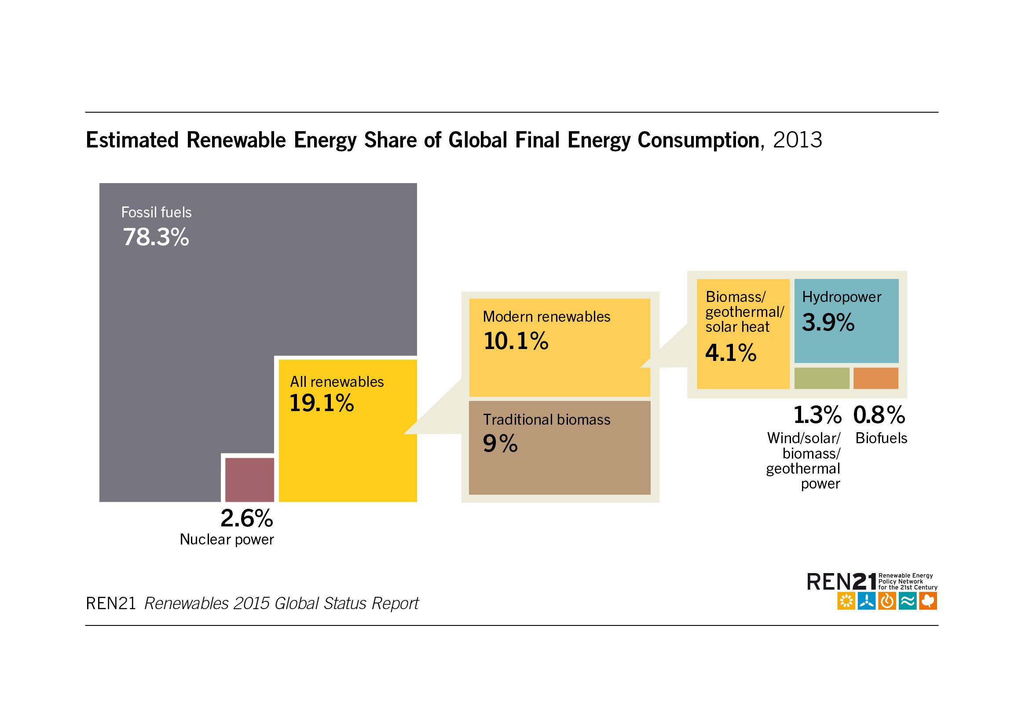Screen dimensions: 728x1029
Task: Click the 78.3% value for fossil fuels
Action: pos(156,237)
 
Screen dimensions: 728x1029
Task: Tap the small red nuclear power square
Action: pos(249,479)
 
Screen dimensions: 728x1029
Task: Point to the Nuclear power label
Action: pos(226,539)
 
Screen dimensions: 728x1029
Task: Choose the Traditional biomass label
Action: pos(546,419)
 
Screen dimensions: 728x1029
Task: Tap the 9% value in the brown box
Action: pos(500,443)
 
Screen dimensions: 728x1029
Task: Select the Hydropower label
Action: pos(841,297)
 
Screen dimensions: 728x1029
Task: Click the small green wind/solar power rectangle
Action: pos(821,378)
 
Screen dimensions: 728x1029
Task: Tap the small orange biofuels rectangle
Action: pos(875,378)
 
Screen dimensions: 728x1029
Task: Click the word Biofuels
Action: pos(881,438)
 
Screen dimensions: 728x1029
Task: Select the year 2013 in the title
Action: pos(797,140)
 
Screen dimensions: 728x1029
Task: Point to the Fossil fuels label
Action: pos(156,213)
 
